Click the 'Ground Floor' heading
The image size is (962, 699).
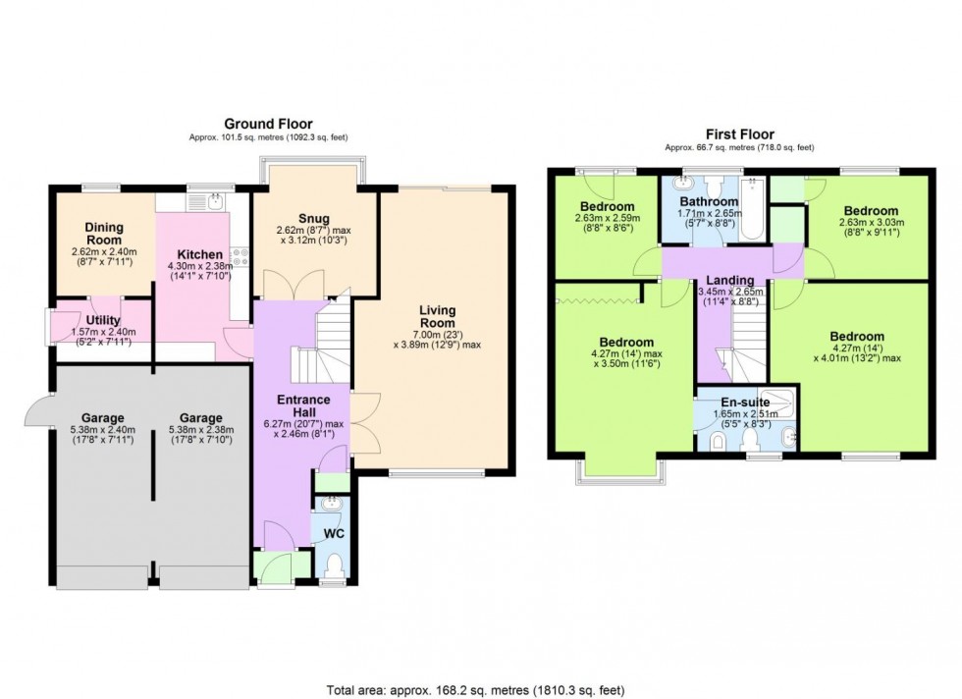pyautogui.click(x=268, y=124)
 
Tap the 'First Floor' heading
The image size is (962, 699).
pyautogui.click(x=738, y=134)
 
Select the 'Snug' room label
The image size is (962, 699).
pyautogui.click(x=314, y=218)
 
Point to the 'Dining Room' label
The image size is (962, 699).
pyautogui.click(x=102, y=233)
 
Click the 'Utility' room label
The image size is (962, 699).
pyautogui.click(x=103, y=320)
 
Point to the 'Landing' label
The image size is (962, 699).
pyautogui.click(x=730, y=280)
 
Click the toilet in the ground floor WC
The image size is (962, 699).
pyautogui.click(x=335, y=564)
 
